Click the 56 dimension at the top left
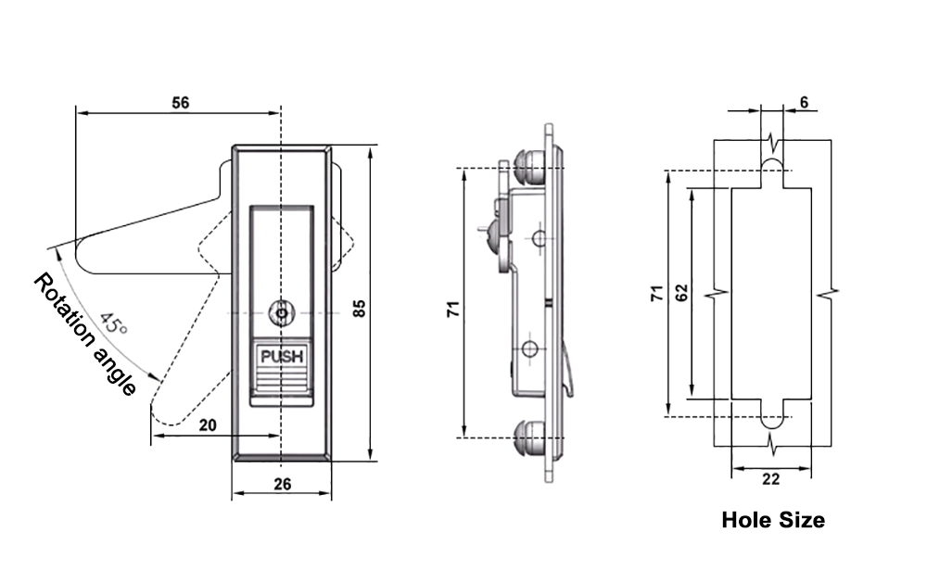181,103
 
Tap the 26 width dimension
282,482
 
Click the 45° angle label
113,324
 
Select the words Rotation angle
84,336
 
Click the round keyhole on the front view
280,314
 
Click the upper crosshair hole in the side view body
540,238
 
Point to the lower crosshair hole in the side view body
529,348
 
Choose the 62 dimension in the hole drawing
681,293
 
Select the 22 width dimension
771,479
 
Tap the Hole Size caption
772,520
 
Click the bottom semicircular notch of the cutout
772,420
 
